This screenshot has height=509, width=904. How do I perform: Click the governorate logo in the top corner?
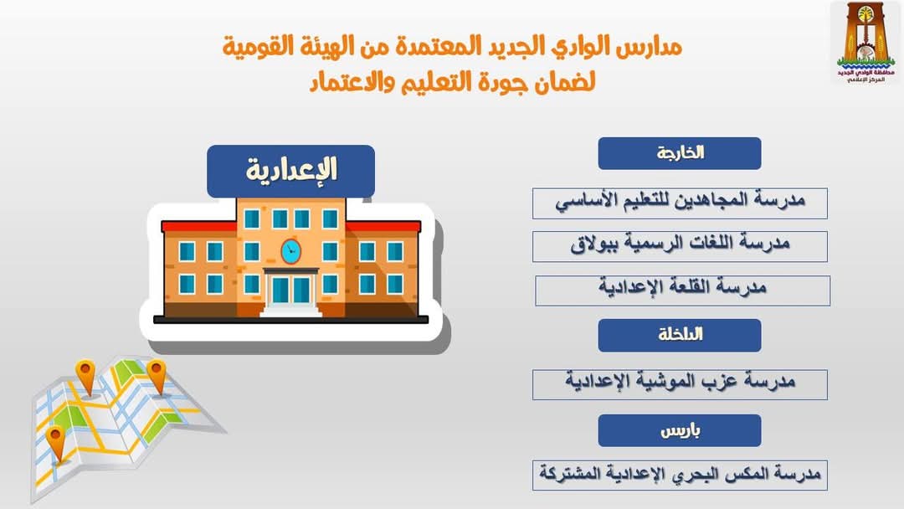pos(865,43)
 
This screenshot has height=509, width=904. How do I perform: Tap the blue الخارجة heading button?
pos(679,153)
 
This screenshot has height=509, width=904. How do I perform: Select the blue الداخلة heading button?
pos(679,336)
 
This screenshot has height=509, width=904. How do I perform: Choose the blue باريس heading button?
pos(679,430)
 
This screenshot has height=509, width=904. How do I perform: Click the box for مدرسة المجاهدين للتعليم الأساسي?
pos(680,203)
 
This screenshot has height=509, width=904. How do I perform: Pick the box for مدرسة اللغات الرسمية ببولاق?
pos(680,246)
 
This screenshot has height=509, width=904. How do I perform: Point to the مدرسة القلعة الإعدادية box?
pos(683,290)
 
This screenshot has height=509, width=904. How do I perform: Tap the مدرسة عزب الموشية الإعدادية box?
pos(680,384)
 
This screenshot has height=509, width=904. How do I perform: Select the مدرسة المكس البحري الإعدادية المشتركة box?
pos(680,475)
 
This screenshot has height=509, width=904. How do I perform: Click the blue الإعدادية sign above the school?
pos(290,172)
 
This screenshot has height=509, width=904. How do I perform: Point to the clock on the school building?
pos(290,251)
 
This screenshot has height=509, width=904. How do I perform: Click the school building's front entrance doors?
pos(290,290)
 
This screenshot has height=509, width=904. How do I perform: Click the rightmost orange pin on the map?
pos(157,377)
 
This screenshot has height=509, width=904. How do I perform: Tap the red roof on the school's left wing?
pos(199,226)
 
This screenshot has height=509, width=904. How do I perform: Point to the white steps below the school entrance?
pos(291,311)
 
